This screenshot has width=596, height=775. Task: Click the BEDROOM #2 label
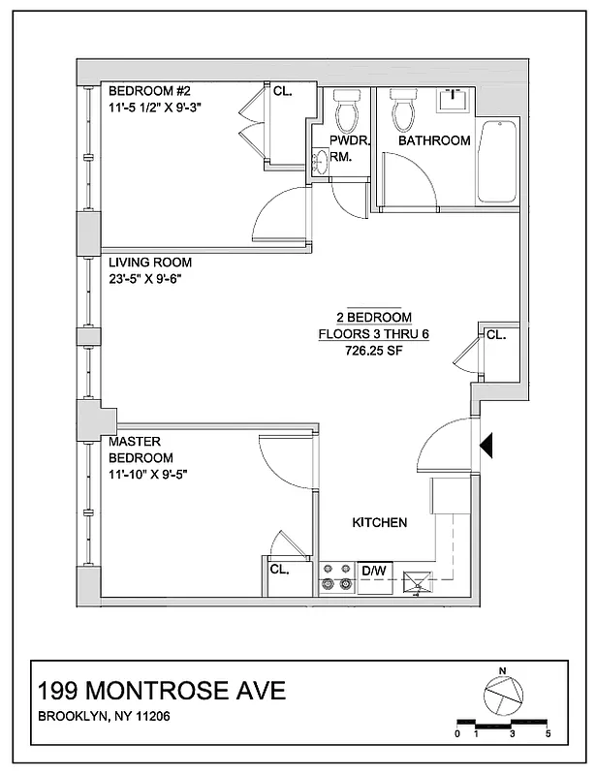click(x=148, y=91)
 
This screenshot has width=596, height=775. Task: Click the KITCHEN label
click(x=379, y=522)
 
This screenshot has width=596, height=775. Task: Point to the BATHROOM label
click(x=435, y=140)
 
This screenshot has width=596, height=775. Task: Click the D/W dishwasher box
click(x=374, y=572)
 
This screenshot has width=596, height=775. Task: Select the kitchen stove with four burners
click(x=338, y=577)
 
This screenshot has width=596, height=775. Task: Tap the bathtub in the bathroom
click(x=497, y=161)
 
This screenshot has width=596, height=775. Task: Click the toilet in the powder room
click(x=346, y=115)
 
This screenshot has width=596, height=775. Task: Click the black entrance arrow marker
click(x=487, y=445)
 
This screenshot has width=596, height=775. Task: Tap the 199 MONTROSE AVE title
click(x=161, y=691)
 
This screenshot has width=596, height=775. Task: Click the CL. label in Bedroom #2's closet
click(x=283, y=90)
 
